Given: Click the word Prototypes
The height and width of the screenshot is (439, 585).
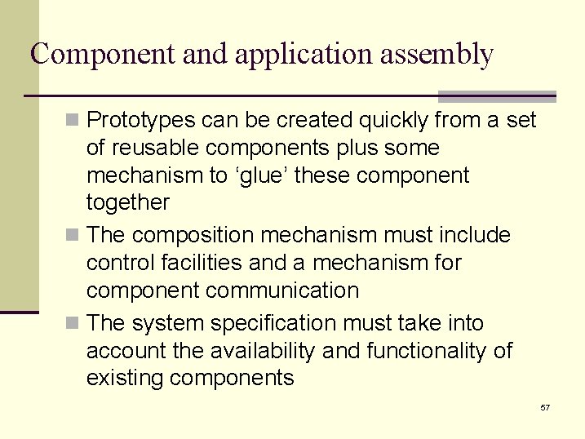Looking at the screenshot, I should pyautogui.click(x=140, y=122).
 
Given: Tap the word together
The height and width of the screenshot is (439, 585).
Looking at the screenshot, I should pyautogui.click(x=127, y=203).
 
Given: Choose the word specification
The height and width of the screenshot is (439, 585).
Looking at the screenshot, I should pyautogui.click(x=273, y=324).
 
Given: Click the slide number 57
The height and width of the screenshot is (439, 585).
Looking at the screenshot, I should pyautogui.click(x=545, y=406).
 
